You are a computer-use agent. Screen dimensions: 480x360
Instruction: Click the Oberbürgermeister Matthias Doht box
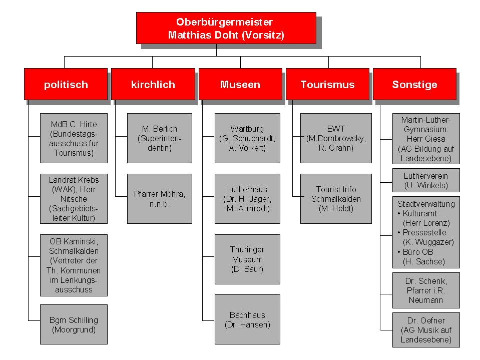[x=226, y=28]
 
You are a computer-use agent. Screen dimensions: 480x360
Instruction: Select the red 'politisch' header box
[x=66, y=84]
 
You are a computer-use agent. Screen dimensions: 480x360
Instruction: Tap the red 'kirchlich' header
[x=153, y=84]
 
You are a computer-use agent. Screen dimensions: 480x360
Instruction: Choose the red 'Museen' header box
[x=240, y=84]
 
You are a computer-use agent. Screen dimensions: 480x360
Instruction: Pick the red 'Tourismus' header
[x=327, y=84]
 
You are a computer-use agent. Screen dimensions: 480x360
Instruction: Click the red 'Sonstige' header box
[x=415, y=84]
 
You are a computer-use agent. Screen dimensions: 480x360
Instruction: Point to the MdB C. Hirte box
[x=74, y=138]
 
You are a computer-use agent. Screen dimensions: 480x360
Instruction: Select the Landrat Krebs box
[x=74, y=199]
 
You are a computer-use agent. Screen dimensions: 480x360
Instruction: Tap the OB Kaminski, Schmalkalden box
[x=74, y=265]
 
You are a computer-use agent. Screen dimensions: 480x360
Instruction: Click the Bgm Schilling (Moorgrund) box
[x=74, y=324]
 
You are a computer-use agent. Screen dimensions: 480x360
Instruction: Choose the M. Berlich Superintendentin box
[x=160, y=138]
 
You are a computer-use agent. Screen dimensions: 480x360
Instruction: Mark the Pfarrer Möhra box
[x=160, y=199]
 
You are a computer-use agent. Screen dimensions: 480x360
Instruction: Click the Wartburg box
[x=247, y=138]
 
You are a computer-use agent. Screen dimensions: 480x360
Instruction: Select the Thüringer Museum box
[x=247, y=259]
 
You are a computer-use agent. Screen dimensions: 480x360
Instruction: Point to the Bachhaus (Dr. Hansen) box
[x=247, y=319]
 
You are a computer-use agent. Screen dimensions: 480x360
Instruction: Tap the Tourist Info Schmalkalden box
[x=336, y=199]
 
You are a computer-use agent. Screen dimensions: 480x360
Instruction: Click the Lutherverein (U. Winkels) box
[x=426, y=180]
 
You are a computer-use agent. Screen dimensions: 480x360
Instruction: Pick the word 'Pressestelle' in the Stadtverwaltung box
[x=424, y=232]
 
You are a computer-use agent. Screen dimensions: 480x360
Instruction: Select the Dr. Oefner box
[x=426, y=330]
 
